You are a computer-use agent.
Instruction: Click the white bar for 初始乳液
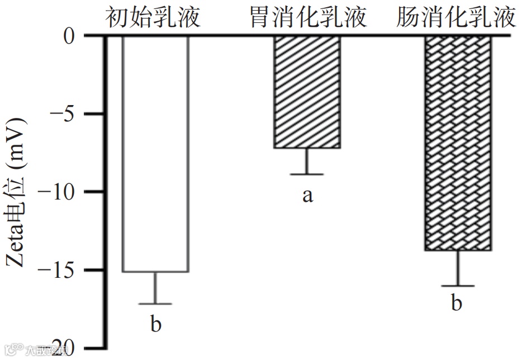click(155, 154)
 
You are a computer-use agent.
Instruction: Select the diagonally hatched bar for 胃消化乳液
click(307, 92)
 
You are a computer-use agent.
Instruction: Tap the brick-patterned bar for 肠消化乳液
click(458, 143)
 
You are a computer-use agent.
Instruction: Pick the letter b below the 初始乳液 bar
click(155, 324)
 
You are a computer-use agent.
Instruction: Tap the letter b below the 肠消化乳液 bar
click(457, 304)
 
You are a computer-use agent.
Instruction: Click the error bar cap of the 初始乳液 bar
click(155, 304)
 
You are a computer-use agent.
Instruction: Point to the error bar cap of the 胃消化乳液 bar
click(307, 174)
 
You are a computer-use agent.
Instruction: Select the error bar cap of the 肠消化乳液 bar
click(458, 286)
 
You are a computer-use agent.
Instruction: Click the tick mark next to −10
click(98, 192)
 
